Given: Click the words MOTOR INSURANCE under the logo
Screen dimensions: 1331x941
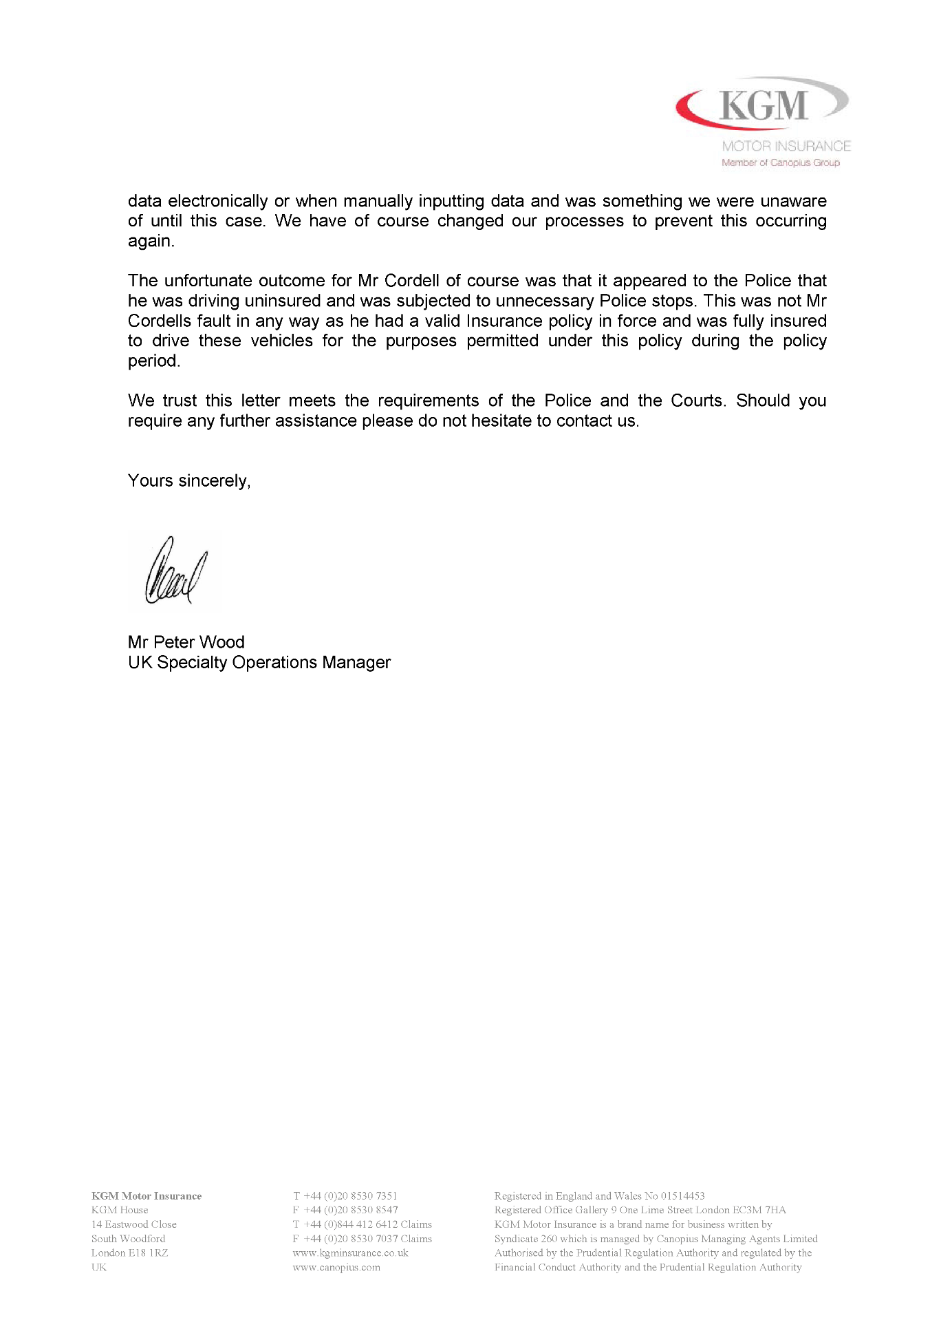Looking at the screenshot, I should pos(786,146).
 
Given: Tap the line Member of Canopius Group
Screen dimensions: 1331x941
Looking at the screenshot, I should pos(780,163).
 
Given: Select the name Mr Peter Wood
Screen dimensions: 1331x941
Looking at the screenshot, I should pos(186,642).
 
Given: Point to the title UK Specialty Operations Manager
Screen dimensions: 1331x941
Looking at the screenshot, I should pos(259,662).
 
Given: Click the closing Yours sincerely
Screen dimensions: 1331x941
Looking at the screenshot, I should pos(188,480).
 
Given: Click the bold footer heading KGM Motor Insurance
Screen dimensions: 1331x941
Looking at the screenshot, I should pos(147,1196).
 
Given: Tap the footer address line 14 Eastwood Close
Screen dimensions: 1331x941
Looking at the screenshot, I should pos(134,1224).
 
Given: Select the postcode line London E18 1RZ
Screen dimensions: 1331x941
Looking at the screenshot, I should pos(130,1253).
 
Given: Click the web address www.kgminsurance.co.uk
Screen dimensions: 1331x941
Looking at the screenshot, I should pos(350,1253).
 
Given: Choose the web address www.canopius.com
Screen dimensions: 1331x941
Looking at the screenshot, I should pos(336,1267).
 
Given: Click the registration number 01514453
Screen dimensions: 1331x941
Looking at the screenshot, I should pos(682,1196).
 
